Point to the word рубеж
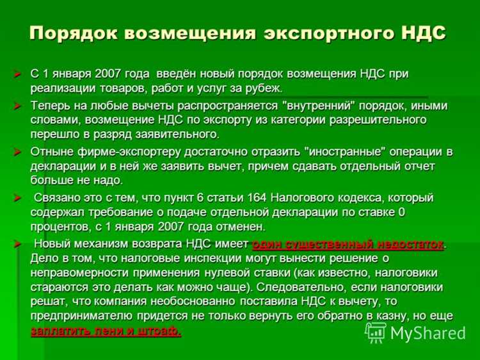coord(262,88)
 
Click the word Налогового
coord(305,198)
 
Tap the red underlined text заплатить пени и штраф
coord(106,331)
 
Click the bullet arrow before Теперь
coord(18,106)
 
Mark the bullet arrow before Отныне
coord(18,152)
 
